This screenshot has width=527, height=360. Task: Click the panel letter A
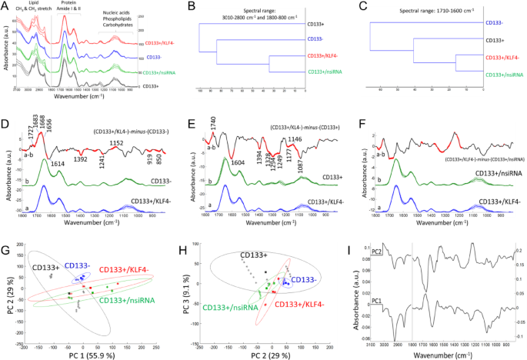pyautogui.click(x=5, y=6)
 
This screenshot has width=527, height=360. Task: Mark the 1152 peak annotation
pyautogui.click(x=116, y=143)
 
